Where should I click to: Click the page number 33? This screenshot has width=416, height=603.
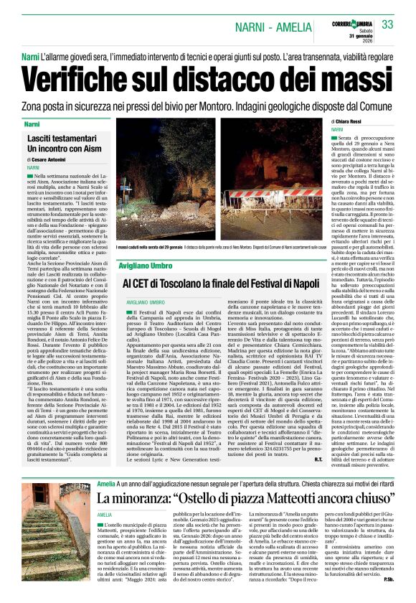coord(388,25)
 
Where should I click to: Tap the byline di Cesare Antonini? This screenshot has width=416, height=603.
coord(50,159)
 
